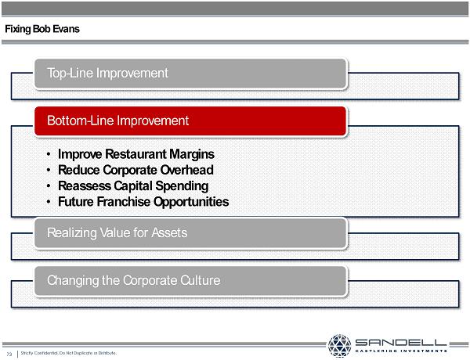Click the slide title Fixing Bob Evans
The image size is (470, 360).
pos(42,29)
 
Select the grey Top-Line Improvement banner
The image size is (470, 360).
pos(190,74)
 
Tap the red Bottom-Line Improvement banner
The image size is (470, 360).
pos(190,121)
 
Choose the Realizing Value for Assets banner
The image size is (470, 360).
pos(190,233)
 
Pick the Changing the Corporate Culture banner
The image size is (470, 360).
pos(190,281)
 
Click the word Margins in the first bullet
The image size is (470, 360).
pos(192,154)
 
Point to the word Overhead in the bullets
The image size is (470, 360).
pos(186,170)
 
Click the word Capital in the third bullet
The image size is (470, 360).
pos(133,185)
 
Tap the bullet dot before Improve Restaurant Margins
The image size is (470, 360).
pos(49,154)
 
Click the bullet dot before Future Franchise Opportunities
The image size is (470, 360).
pos(49,202)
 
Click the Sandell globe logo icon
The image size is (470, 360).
pos(339,346)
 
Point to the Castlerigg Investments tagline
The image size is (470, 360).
pos(401,351)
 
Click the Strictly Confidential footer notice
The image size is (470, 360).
pos(69,353)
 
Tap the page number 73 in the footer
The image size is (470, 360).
pos(9,355)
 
